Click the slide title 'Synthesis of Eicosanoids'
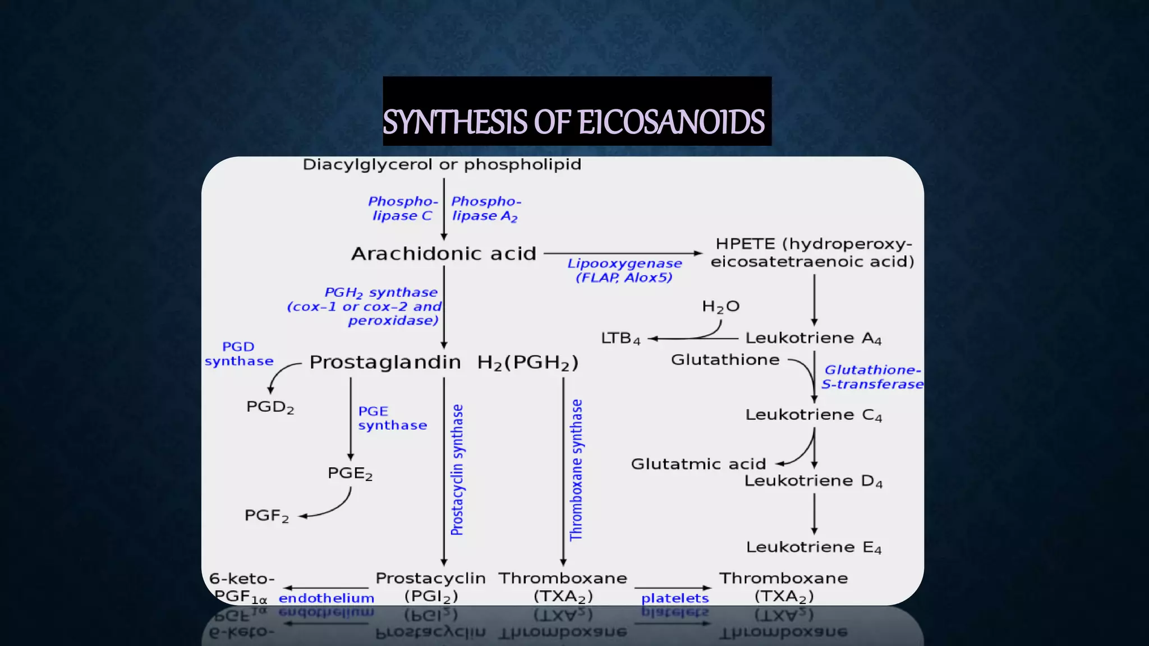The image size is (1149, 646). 573,122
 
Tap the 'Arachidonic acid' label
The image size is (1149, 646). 444,254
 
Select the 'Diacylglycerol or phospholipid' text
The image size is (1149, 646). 442,165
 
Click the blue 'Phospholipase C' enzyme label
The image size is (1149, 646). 402,209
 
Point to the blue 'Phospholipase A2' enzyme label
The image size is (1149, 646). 486,209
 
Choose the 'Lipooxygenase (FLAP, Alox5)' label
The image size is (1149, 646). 624,270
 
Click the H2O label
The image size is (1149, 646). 721,306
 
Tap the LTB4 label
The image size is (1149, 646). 621,339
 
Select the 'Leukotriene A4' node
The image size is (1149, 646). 813,338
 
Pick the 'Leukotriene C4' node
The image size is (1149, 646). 813,415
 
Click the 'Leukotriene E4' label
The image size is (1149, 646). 813,547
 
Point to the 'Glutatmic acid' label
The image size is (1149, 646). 698,464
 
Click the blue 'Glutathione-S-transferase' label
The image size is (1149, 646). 872,377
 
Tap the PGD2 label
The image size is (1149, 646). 270,407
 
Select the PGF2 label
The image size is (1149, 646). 266,516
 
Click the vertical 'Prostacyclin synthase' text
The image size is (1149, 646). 458,470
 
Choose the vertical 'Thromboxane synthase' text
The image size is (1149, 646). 576,470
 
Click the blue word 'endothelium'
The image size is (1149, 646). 326,598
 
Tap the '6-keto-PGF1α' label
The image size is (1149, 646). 241,588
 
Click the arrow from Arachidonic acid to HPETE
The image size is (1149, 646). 623,253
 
